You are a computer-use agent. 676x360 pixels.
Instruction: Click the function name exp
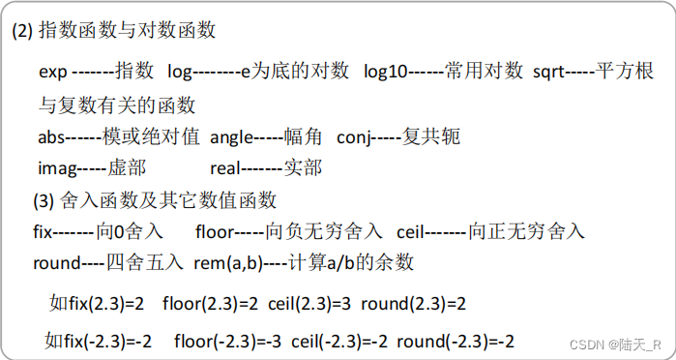53,72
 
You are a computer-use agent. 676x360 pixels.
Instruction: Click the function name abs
52,136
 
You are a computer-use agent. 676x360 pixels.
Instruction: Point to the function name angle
231,136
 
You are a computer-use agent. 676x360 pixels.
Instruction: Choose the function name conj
354,136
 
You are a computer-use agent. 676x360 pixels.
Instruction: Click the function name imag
56,168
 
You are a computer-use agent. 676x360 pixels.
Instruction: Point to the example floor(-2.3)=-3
228,342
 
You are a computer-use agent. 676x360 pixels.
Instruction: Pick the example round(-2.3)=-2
456,342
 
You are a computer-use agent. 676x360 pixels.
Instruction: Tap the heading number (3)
44,201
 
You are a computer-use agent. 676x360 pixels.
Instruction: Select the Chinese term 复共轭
431,136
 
